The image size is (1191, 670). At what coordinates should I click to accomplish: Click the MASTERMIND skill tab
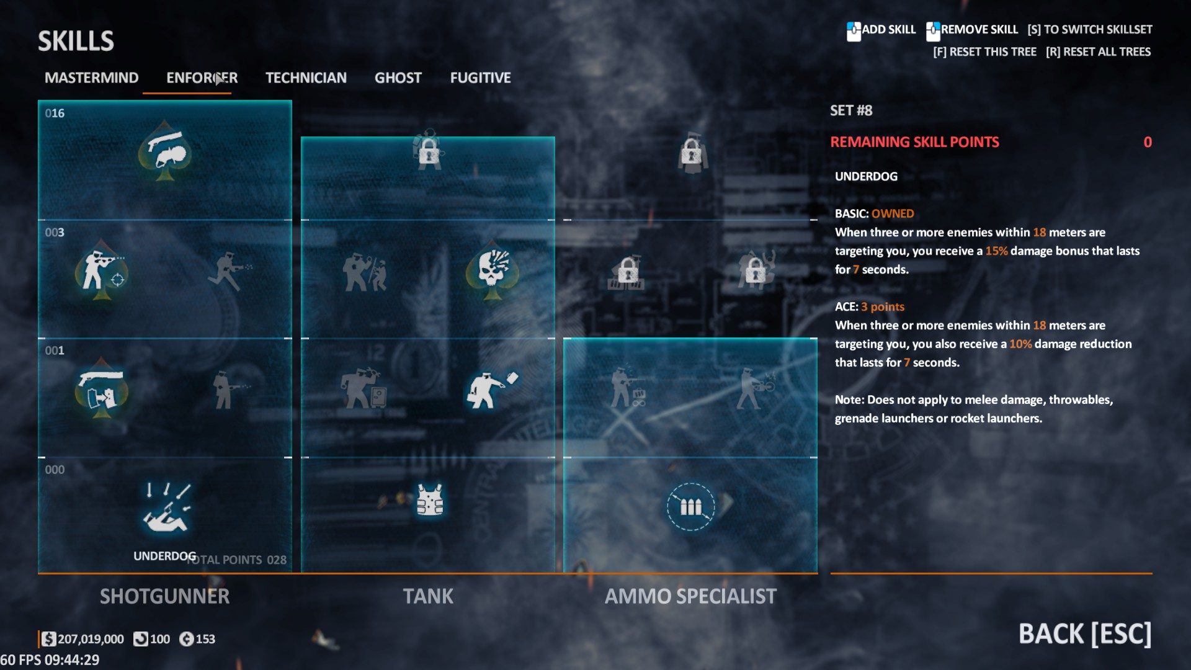(x=91, y=78)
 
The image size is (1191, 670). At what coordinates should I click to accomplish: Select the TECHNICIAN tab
(x=306, y=78)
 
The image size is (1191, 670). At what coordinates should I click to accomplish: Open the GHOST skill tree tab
(x=398, y=78)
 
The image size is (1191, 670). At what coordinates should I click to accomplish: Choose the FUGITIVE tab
(x=480, y=78)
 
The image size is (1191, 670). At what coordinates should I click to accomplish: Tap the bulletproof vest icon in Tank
(x=429, y=500)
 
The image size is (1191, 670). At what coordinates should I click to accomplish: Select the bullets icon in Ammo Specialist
(x=690, y=507)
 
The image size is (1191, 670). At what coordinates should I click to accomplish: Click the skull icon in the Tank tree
(x=493, y=270)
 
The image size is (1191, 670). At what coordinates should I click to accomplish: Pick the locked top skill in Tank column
(x=429, y=151)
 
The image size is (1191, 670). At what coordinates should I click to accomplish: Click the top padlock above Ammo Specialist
(x=691, y=151)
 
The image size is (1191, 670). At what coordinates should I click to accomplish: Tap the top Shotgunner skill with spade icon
(x=164, y=151)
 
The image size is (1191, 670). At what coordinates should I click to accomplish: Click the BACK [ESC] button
(x=1084, y=633)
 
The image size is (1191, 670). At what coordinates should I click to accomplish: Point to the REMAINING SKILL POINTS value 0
(x=1147, y=142)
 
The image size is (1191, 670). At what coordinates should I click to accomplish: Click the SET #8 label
(x=851, y=110)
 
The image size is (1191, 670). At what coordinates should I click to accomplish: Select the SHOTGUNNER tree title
(x=164, y=596)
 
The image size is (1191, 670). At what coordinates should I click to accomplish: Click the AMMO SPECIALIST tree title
(x=690, y=596)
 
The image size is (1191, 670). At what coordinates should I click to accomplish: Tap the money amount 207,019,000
(x=91, y=639)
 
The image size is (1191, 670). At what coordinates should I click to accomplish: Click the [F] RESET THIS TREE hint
(x=984, y=51)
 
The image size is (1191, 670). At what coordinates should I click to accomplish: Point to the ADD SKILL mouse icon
(x=854, y=30)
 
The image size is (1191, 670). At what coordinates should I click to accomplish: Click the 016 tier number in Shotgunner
(x=55, y=113)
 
